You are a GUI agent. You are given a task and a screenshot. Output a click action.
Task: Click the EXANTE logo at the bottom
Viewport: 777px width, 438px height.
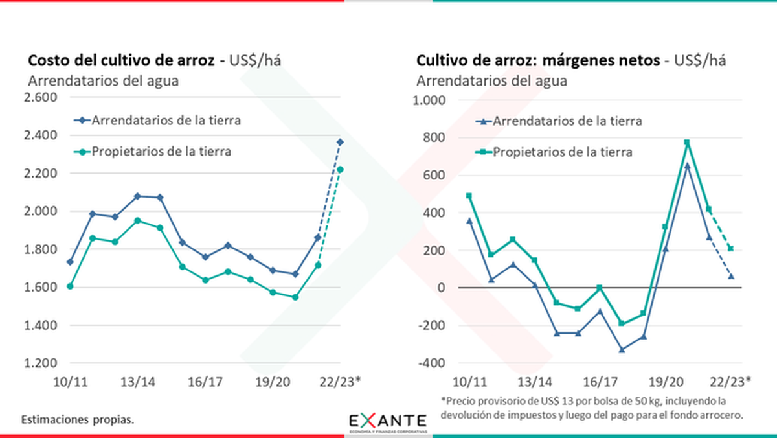[388, 422]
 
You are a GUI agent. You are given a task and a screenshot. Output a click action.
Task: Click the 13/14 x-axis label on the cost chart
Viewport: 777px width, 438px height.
[137, 382]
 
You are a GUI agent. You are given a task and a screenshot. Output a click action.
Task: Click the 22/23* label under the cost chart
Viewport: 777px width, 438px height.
[338, 382]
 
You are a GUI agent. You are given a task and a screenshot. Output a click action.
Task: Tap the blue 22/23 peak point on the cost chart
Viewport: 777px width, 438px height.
[341, 142]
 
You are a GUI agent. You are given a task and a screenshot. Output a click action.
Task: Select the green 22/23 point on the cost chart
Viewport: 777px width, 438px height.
[341, 169]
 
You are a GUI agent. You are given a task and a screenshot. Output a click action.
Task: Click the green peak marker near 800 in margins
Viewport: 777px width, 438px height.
[687, 143]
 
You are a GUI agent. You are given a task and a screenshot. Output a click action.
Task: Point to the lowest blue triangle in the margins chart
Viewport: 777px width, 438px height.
[622, 350]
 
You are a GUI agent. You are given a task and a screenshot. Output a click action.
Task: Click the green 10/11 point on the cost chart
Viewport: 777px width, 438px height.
[70, 286]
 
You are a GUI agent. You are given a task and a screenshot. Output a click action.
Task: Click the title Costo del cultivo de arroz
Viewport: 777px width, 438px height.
[120, 61]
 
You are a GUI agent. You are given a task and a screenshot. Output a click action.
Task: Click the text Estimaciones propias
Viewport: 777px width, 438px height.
[78, 419]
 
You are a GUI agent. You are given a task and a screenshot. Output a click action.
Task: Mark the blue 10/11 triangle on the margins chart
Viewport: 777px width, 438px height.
[469, 221]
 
